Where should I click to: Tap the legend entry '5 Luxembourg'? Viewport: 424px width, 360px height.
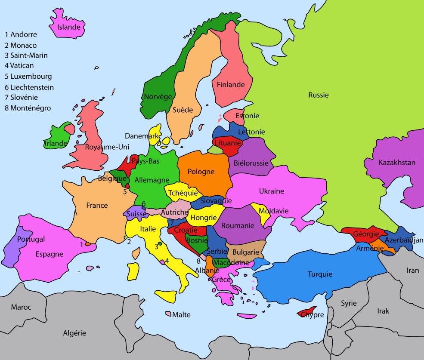(x=28, y=77)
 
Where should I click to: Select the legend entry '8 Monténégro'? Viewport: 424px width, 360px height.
(x=28, y=108)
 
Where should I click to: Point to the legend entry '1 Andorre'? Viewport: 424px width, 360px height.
(x=21, y=34)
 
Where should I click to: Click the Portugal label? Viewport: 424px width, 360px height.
(x=31, y=239)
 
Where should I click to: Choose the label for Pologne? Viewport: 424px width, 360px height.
(x=201, y=172)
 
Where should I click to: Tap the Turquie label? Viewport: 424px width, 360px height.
(x=320, y=274)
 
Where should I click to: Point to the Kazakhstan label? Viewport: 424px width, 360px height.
(x=396, y=163)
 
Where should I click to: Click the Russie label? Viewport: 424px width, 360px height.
(x=318, y=95)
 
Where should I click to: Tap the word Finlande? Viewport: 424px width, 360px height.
(x=230, y=85)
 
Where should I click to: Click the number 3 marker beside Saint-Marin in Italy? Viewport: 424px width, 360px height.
(x=156, y=246)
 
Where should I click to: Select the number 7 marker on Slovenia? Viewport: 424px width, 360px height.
(x=171, y=223)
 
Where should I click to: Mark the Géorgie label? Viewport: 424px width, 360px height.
(x=366, y=234)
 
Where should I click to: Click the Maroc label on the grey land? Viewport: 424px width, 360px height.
(x=21, y=307)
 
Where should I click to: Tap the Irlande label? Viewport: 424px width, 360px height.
(x=56, y=143)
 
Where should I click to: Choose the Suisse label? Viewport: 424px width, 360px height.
(x=136, y=214)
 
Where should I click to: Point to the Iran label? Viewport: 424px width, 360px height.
(x=412, y=270)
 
